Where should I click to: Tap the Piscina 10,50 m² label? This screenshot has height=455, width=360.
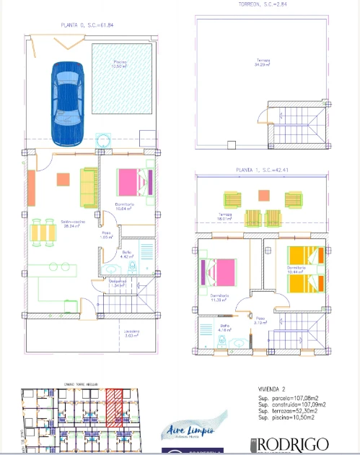pyautogui.click(x=120, y=65)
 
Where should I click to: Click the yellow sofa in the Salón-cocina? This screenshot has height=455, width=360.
pyautogui.click(x=88, y=186)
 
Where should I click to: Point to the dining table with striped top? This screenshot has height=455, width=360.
pyautogui.click(x=45, y=231)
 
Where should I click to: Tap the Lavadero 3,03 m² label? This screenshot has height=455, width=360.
pyautogui.click(x=112, y=334)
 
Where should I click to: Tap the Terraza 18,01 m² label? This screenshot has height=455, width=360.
pyautogui.click(x=229, y=217)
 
